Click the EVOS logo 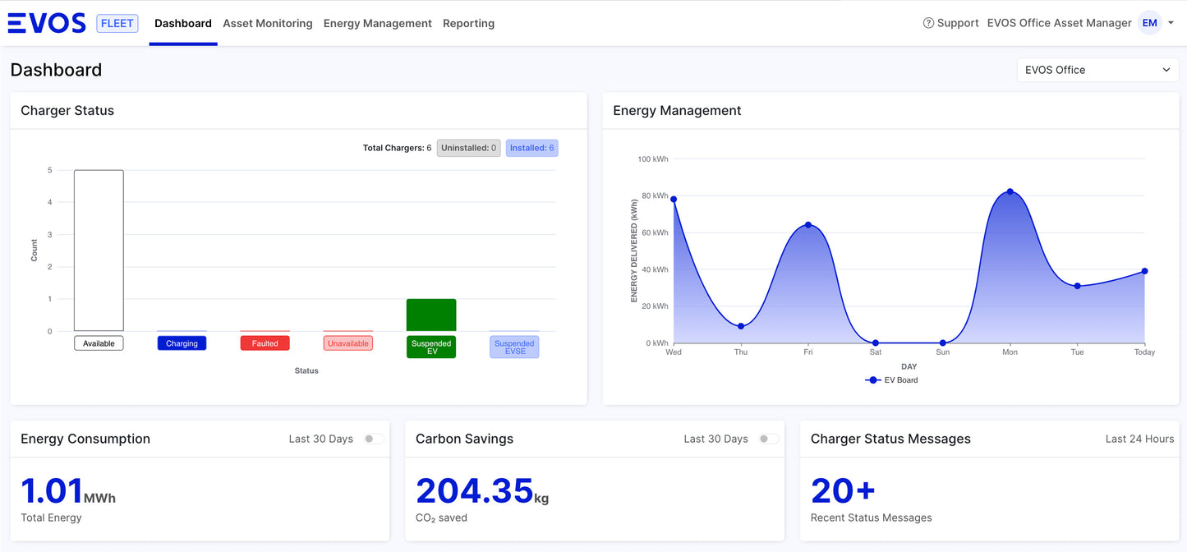[47, 23]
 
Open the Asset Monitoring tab [268, 23]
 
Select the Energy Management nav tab [377, 23]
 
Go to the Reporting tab [468, 23]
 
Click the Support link [950, 23]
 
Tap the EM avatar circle [1150, 23]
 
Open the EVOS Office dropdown [1097, 70]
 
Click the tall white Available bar [99, 251]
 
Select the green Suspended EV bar [431, 315]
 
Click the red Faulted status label [265, 343]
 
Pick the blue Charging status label [182, 343]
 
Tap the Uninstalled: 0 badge [468, 148]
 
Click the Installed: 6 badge [531, 148]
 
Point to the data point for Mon [1010, 191]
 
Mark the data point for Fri [807, 225]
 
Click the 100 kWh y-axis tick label [653, 159]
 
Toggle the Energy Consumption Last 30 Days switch [374, 439]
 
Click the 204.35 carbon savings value [475, 491]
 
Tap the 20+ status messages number [843, 491]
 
